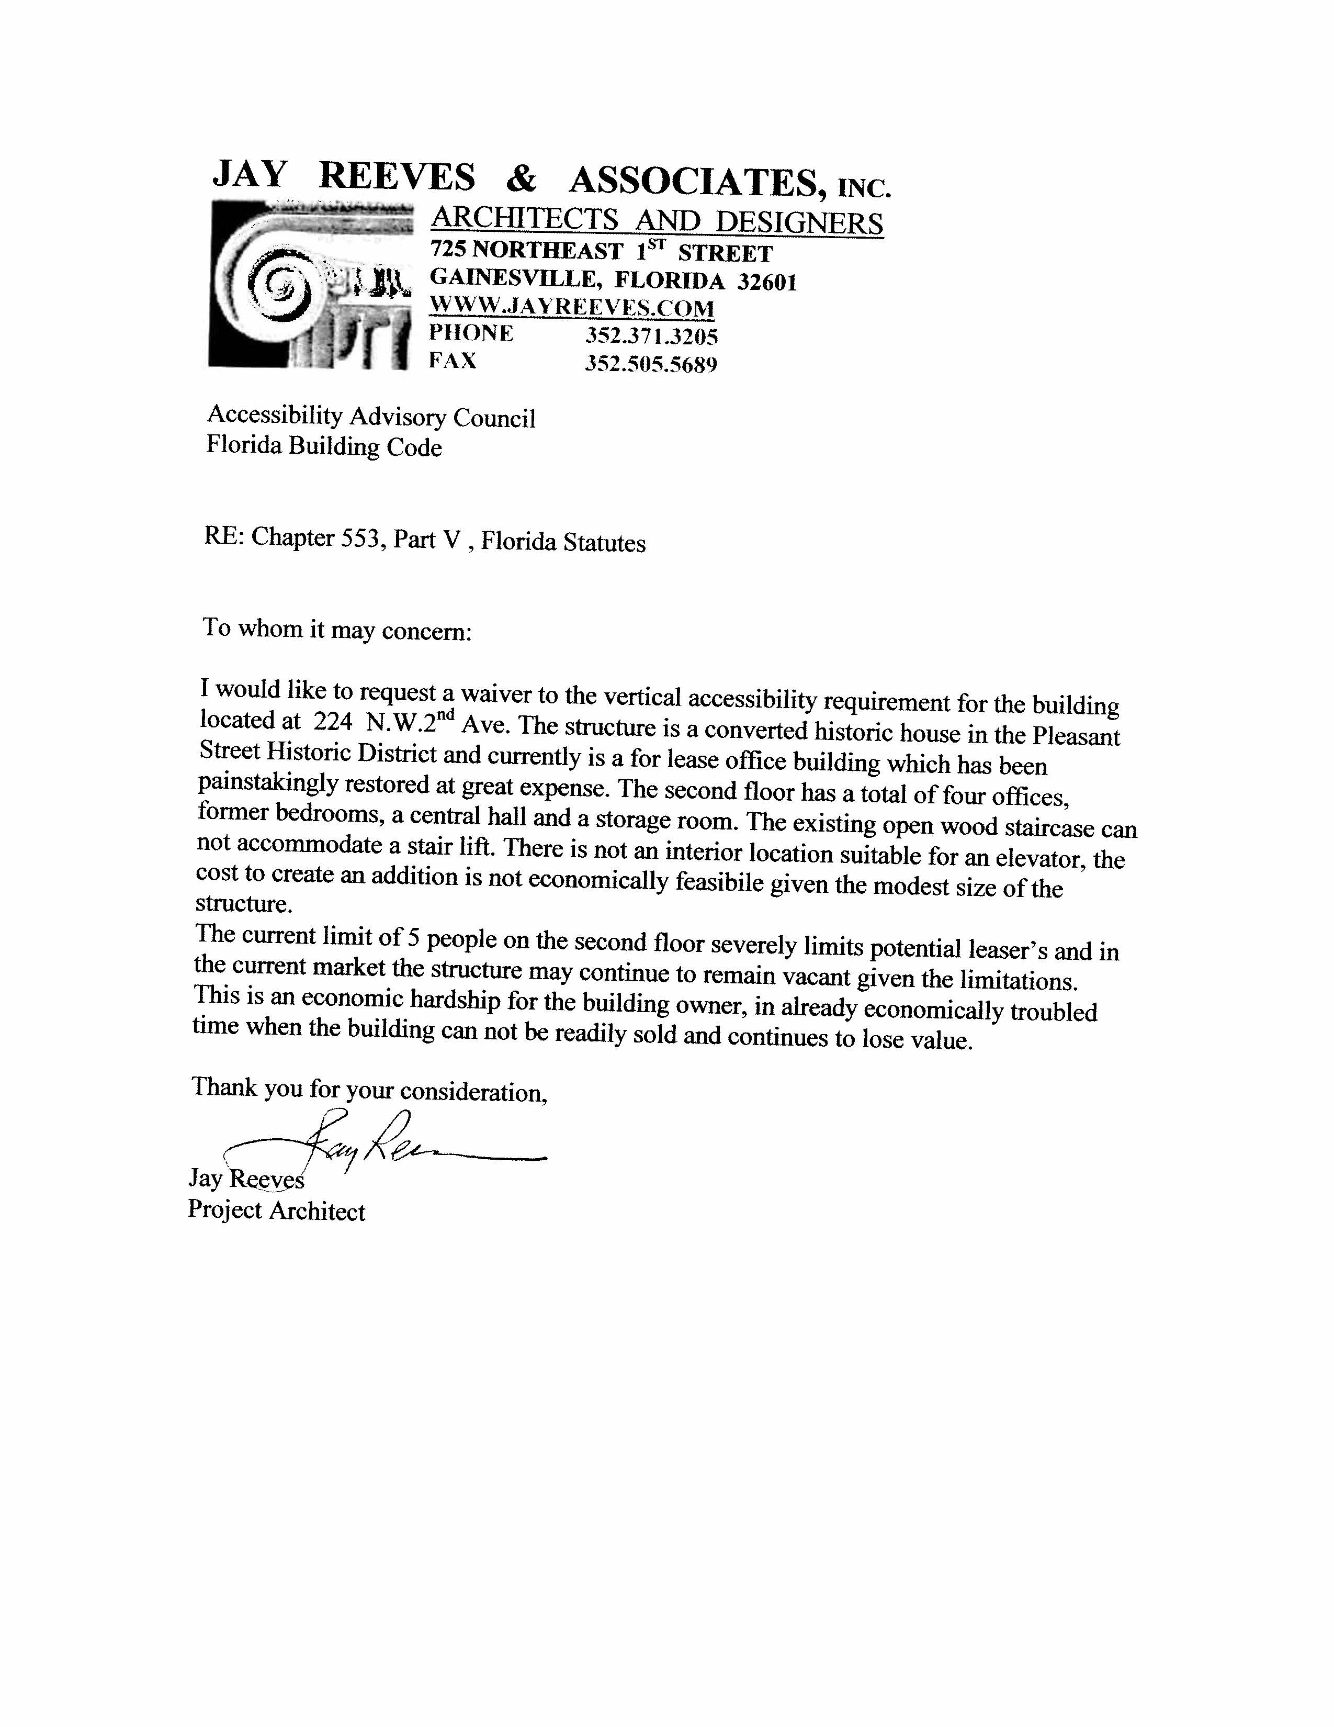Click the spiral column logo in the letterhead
pyautogui.click(x=310, y=285)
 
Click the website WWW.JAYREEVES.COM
pyautogui.click(x=571, y=308)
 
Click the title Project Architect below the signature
pyautogui.click(x=277, y=1212)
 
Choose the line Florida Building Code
pyautogui.click(x=324, y=447)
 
